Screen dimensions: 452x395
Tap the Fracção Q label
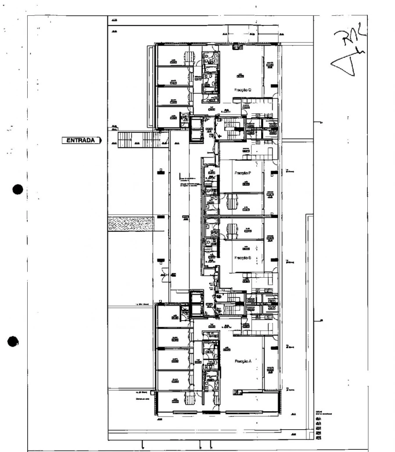click(243, 89)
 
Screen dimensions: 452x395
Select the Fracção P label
click(243, 173)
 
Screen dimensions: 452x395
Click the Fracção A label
click(243, 361)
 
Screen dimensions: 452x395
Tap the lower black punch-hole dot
click(14, 342)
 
